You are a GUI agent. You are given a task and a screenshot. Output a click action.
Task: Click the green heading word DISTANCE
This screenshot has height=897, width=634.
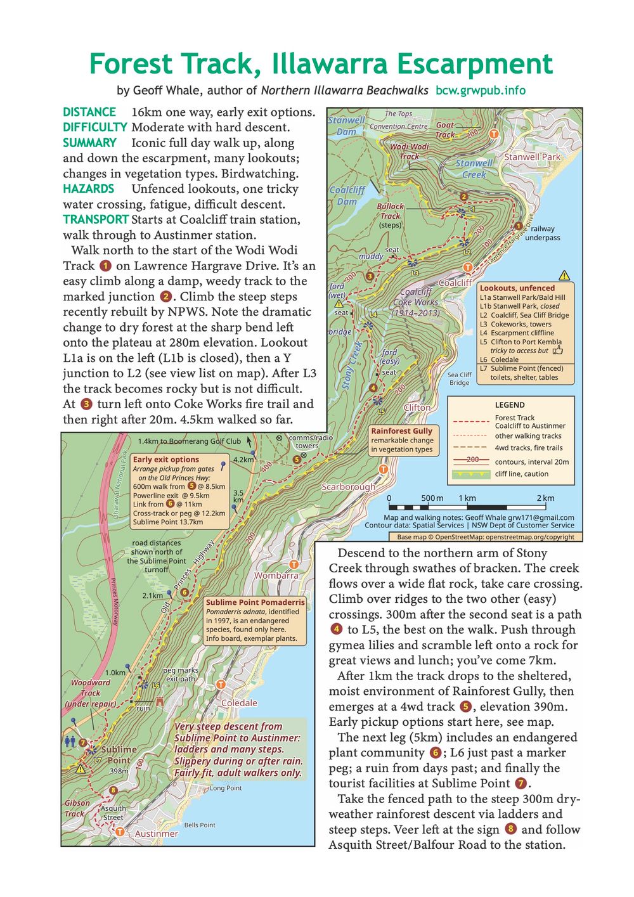(89, 112)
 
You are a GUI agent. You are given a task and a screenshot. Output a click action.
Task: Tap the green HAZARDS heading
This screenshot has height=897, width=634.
(89, 189)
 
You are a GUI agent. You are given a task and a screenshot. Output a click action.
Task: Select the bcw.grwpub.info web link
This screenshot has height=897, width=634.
(481, 91)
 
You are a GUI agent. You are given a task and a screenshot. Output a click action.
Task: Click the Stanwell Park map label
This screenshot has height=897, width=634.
(532, 157)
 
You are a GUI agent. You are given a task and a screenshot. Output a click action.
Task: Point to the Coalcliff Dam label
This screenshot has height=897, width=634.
(347, 195)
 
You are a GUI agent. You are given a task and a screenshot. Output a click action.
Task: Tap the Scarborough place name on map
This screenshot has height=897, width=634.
(348, 487)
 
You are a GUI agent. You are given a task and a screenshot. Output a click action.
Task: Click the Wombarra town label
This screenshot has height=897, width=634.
(276, 576)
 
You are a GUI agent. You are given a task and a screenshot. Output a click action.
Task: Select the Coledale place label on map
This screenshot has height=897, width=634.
(239, 703)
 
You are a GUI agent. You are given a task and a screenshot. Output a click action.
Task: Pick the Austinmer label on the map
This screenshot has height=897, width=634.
(156, 834)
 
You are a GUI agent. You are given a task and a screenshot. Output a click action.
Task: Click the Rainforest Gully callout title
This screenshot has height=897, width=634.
(402, 431)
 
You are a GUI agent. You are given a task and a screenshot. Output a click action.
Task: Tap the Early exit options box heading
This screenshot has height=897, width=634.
(166, 460)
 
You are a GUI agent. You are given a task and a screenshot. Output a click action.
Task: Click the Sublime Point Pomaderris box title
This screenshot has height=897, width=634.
(256, 602)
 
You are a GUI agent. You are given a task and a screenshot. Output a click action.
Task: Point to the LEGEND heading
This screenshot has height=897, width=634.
(510, 405)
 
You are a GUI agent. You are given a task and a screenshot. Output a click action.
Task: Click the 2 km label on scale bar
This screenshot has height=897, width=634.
(545, 498)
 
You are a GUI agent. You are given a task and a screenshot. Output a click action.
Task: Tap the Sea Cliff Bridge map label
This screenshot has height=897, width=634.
(460, 378)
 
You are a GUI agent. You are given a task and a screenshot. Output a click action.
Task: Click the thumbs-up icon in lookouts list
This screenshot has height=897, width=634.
(557, 349)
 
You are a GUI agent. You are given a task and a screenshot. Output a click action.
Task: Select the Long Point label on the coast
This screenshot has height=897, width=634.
(226, 788)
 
